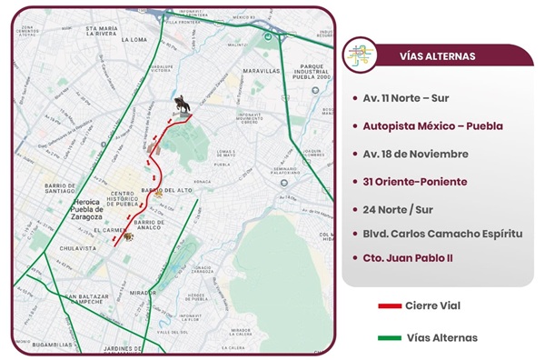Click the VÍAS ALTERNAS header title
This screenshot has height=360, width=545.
point(438,55)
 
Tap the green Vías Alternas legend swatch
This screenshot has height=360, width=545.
point(390,337)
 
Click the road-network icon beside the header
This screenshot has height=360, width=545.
point(363,55)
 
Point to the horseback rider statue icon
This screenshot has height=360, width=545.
point(183,106)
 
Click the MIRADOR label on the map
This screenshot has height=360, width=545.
point(143,294)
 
